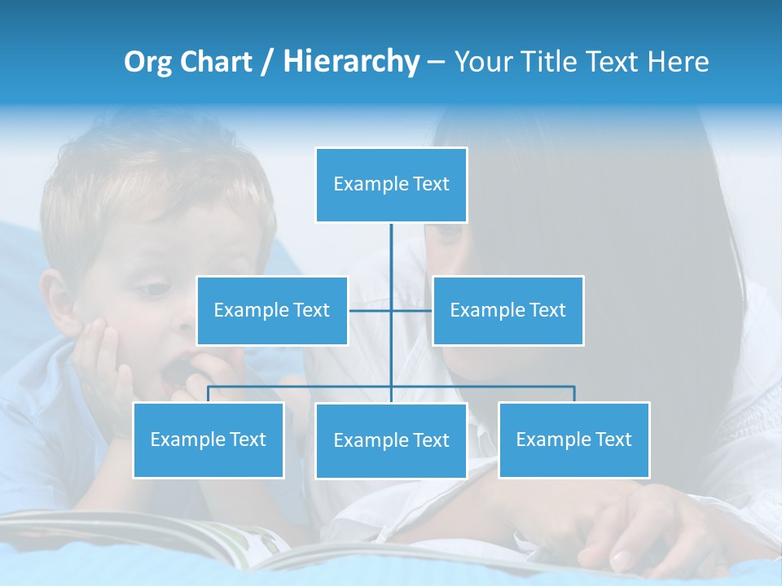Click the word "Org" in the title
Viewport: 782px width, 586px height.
click(149, 63)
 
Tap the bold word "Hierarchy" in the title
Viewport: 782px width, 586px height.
click(351, 63)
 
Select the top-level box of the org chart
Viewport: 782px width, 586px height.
click(391, 185)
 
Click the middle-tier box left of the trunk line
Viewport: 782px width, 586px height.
click(272, 310)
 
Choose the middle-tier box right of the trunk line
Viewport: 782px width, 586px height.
click(507, 310)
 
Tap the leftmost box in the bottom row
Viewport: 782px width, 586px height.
click(209, 439)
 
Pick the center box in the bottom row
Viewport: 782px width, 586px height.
click(391, 440)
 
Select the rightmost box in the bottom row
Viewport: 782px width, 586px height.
click(573, 439)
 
